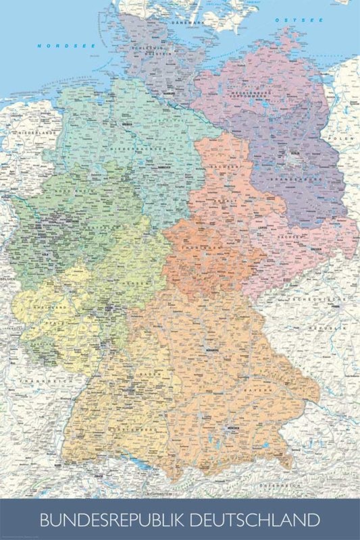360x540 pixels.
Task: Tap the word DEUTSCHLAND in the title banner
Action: pos(259,520)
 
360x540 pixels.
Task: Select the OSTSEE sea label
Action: pos(290,20)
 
